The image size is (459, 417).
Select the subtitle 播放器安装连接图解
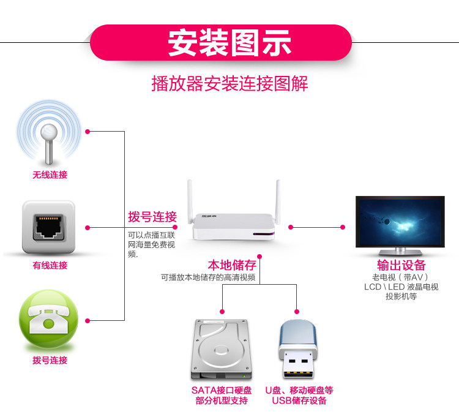click(229, 83)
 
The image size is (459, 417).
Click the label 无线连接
click(50, 175)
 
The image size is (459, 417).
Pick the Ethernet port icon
click(49, 227)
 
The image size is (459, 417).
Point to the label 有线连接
click(50, 266)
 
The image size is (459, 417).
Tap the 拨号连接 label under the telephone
click(50, 360)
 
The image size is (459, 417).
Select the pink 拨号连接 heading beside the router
click(152, 217)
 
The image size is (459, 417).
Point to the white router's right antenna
click(277, 199)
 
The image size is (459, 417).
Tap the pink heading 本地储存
click(232, 265)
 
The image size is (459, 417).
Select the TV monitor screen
click(400, 222)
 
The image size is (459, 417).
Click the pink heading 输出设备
click(401, 265)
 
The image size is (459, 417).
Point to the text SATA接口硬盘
click(222, 390)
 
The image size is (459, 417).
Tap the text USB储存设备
click(299, 401)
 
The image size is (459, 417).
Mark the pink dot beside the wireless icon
click(88, 131)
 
